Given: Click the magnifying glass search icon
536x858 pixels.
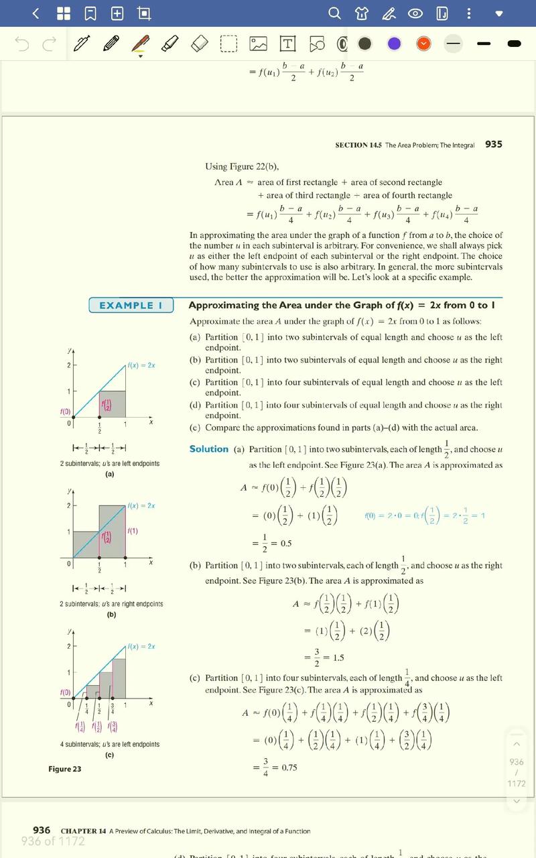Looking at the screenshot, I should pyautogui.click(x=334, y=13).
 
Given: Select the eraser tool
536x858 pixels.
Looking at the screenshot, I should pyautogui.click(x=200, y=44).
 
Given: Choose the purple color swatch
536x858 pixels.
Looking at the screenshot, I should pyautogui.click(x=394, y=44).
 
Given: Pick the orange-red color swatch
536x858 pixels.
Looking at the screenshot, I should pyautogui.click(x=423, y=44).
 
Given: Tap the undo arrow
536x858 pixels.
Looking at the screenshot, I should pyautogui.click(x=22, y=44).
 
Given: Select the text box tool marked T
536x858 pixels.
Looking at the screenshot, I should pyautogui.click(x=287, y=44).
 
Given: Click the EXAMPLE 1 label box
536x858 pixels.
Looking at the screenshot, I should pyautogui.click(x=131, y=306).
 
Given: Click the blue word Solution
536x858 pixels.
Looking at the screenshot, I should pyautogui.click(x=208, y=449).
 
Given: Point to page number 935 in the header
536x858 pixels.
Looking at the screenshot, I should pyautogui.click(x=493, y=144).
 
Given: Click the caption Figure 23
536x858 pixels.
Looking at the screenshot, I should pyautogui.click(x=64, y=769).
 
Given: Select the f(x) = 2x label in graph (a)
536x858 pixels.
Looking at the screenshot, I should pyautogui.click(x=141, y=365).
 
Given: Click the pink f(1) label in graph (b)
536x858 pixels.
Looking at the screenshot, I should pyautogui.click(x=133, y=532).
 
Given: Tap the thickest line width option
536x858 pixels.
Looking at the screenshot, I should pyautogui.click(x=515, y=44).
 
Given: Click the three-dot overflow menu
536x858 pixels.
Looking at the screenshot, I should pyautogui.click(x=468, y=13).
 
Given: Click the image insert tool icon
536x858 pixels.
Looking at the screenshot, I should pyautogui.click(x=258, y=44).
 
